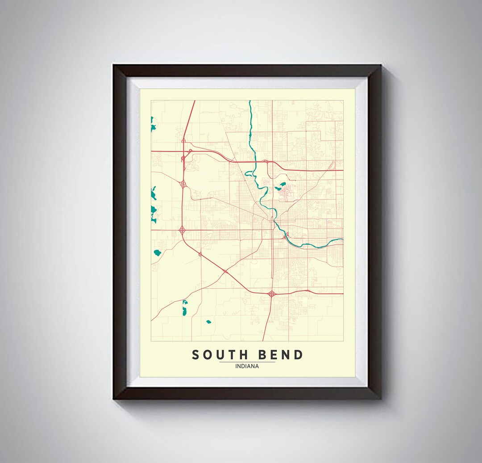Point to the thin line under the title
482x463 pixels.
(x=247, y=362)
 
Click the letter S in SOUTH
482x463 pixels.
(x=195, y=355)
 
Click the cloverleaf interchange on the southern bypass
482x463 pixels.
(x=271, y=294)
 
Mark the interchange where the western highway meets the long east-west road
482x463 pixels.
(x=182, y=230)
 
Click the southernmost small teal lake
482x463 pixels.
(x=208, y=321)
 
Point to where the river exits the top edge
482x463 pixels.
(x=250, y=101)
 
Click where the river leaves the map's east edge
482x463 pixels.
(x=342, y=240)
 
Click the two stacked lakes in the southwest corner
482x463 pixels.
(x=185, y=308)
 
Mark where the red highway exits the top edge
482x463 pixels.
(x=195, y=101)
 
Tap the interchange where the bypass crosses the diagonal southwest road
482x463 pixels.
(x=225, y=271)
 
